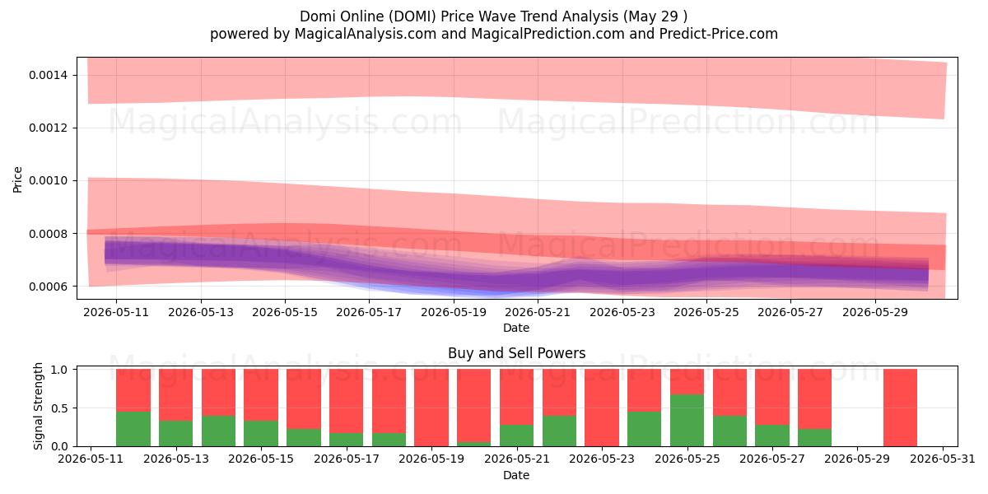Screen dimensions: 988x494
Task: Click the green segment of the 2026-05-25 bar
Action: (x=687, y=421)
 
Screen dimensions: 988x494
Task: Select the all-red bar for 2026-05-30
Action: (x=900, y=408)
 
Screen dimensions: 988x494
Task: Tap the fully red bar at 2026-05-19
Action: (x=431, y=408)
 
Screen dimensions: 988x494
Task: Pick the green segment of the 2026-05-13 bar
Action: (x=175, y=434)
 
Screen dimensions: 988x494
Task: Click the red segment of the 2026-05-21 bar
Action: (x=516, y=397)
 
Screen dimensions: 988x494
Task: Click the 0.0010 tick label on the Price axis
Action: (x=48, y=181)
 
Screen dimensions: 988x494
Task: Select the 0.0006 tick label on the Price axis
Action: (x=48, y=287)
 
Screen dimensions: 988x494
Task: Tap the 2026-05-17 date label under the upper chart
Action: (x=369, y=312)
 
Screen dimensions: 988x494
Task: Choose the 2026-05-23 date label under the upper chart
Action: (x=622, y=312)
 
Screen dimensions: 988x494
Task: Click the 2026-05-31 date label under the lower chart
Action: (x=943, y=459)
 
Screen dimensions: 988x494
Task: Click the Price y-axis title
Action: (x=17, y=179)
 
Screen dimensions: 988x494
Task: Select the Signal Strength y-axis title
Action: (x=38, y=406)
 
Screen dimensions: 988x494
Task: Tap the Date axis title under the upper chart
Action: (x=516, y=329)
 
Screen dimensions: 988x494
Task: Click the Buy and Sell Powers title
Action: (x=516, y=353)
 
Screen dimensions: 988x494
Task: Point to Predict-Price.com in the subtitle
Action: (x=719, y=34)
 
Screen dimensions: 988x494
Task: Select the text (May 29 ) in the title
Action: (x=655, y=16)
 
